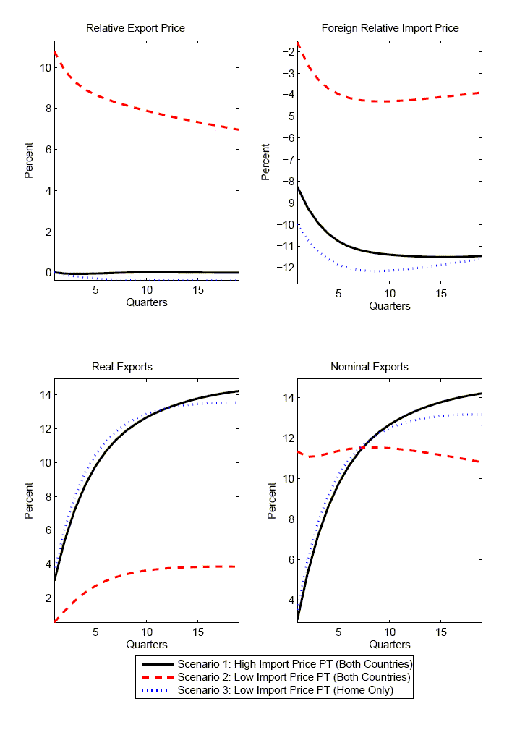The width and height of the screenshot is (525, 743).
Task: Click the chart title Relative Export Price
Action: tap(135, 28)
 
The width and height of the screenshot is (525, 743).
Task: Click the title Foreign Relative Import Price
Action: tap(390, 28)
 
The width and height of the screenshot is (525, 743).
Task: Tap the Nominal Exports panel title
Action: tap(369, 367)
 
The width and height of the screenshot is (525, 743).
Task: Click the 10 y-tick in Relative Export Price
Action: tap(45, 67)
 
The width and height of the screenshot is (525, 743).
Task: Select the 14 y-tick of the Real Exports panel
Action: tap(45, 395)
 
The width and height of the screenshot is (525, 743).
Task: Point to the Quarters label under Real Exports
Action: tap(146, 644)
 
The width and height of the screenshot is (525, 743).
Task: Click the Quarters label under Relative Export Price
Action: tap(146, 302)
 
